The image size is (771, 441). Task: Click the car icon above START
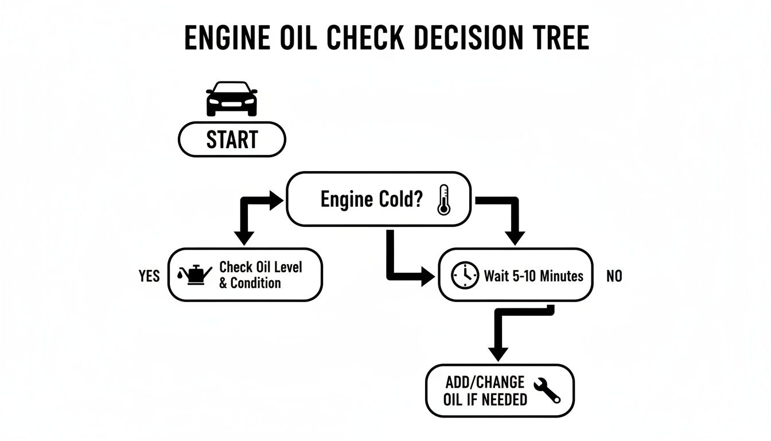(x=232, y=99)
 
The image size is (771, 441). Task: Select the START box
(x=232, y=139)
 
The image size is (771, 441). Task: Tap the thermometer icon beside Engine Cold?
(x=443, y=199)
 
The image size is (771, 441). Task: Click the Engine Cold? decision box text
(x=371, y=200)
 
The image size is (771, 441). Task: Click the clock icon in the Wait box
(x=465, y=276)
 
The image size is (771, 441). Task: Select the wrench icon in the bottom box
(x=547, y=390)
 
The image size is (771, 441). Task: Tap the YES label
(x=149, y=276)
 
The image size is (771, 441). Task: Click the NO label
(x=614, y=276)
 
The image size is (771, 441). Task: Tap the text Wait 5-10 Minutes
(x=534, y=276)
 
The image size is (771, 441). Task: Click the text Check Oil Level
(x=261, y=267)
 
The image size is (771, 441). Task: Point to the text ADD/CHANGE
(x=484, y=382)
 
